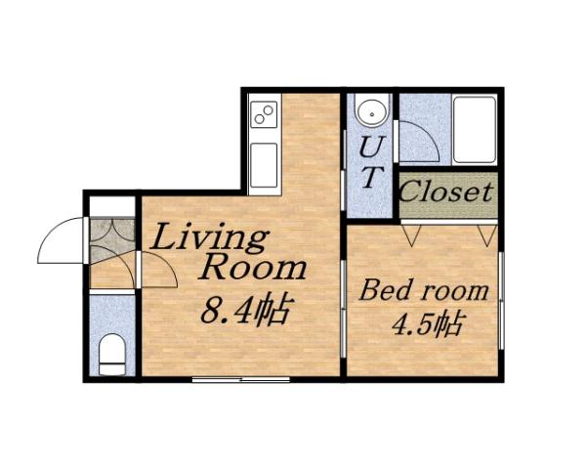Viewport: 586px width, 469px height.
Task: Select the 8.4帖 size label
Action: coord(244,311)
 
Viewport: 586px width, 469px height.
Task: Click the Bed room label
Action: coord(424,290)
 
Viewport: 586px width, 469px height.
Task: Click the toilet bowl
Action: coord(112,354)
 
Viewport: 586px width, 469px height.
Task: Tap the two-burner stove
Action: coord(264,116)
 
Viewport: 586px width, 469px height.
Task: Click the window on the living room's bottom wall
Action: coord(241,378)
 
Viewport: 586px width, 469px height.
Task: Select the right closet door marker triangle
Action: coord(485,234)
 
